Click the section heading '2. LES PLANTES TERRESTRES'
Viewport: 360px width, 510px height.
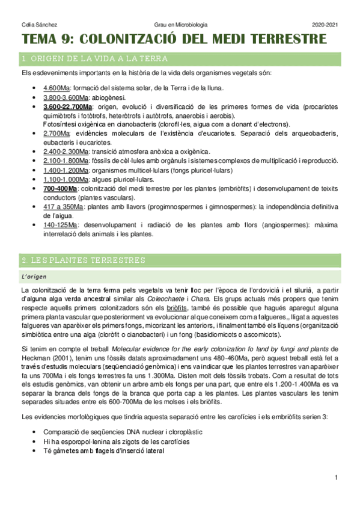(x=83, y=260)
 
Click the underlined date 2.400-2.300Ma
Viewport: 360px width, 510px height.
(x=66, y=152)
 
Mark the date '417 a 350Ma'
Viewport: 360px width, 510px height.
(x=64, y=206)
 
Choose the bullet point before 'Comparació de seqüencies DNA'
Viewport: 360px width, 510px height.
(x=37, y=415)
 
